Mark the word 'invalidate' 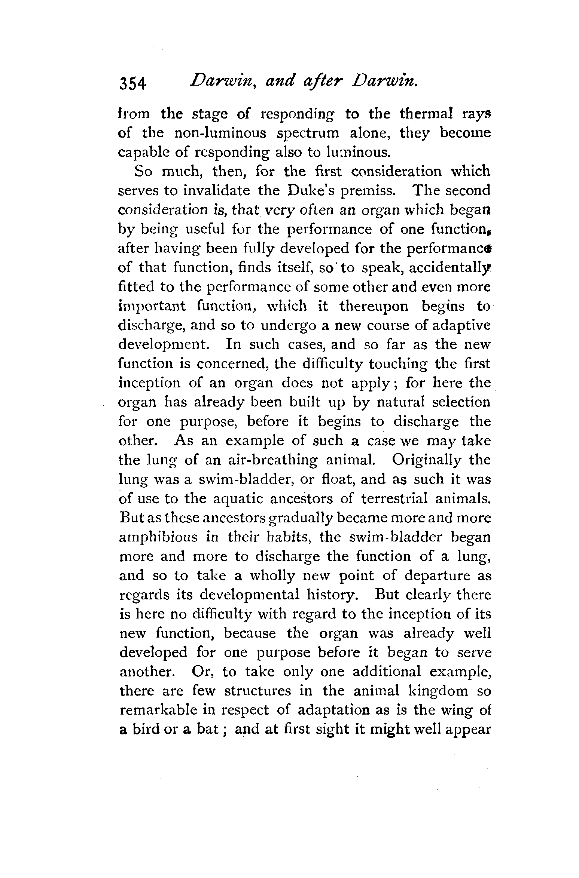point(217,190)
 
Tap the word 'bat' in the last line point(205,730)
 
